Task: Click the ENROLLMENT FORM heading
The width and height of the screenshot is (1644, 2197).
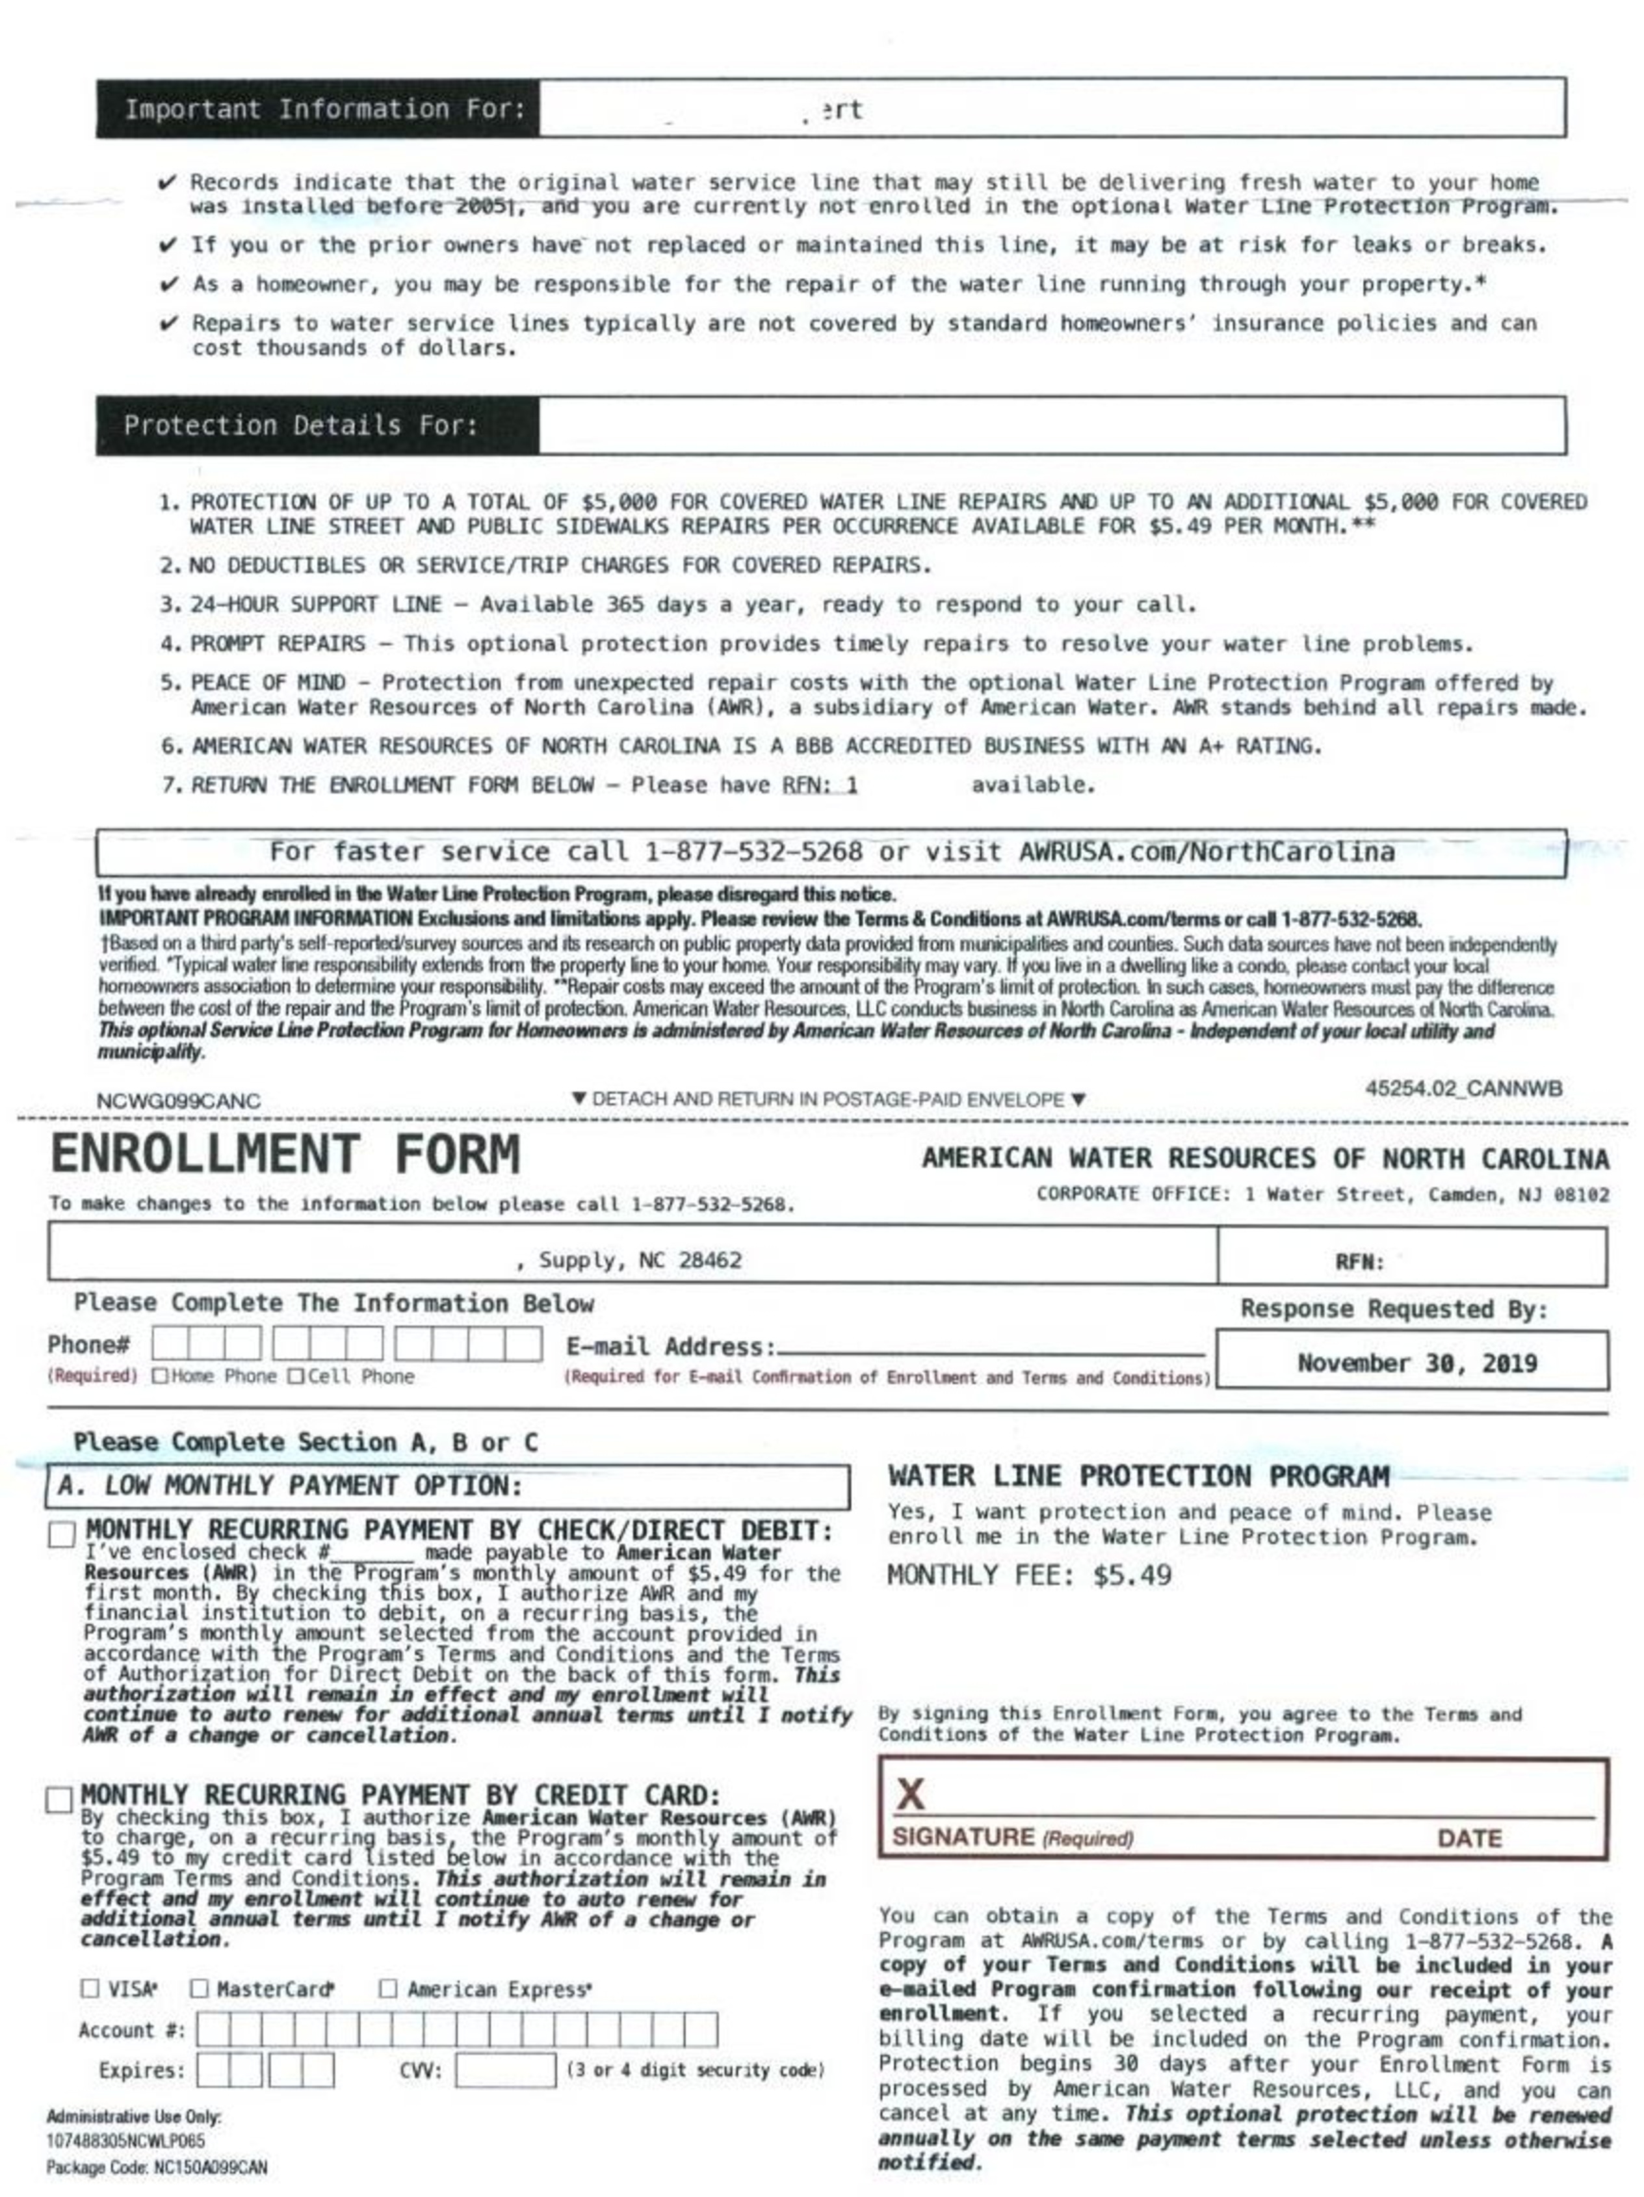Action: click(285, 1155)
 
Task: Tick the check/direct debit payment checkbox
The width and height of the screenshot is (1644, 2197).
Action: click(62, 1534)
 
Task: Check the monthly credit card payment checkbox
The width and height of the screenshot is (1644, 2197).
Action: click(60, 1800)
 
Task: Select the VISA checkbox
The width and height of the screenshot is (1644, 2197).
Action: click(90, 1988)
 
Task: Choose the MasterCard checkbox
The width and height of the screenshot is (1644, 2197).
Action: click(200, 1988)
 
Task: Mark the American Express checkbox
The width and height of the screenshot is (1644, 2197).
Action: click(388, 1988)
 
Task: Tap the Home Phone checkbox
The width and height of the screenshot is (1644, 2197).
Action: click(160, 1376)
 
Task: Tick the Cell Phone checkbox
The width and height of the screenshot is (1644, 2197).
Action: click(296, 1376)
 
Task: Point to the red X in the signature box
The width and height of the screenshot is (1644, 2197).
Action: click(910, 1795)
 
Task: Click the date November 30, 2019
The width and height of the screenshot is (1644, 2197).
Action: click(1416, 1363)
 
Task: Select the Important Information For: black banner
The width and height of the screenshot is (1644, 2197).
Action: click(319, 109)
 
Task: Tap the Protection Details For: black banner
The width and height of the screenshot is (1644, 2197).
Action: click(319, 426)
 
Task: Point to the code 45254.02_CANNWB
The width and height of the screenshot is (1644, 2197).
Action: click(1463, 1088)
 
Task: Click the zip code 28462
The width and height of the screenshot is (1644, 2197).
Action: click(710, 1260)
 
